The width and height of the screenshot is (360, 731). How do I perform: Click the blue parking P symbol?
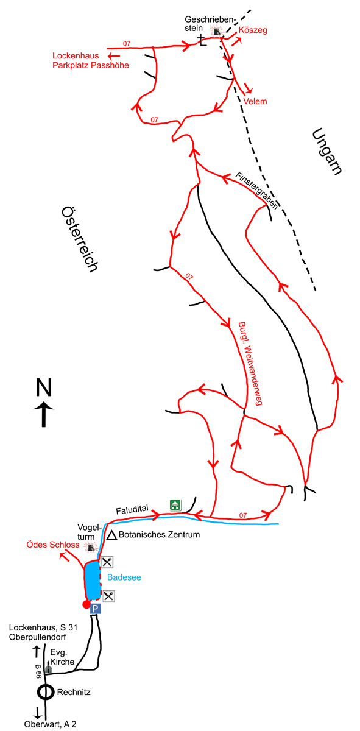point(95,609)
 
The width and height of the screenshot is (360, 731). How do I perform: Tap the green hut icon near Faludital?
point(175,505)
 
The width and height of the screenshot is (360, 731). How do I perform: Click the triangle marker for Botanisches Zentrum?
point(112,535)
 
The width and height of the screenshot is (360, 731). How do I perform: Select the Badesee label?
point(124,577)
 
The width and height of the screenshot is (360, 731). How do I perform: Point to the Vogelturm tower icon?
point(90,546)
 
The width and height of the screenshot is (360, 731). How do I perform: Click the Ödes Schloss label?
point(53,545)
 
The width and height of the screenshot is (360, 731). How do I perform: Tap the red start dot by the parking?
point(86,605)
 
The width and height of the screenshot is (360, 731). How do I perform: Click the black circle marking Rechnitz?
point(45,692)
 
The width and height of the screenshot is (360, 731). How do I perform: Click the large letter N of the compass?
point(44,387)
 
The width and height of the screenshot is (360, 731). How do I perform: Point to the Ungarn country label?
point(327,152)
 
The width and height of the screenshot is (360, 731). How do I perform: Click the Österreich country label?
point(79,239)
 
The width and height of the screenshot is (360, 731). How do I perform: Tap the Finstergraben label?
point(257,191)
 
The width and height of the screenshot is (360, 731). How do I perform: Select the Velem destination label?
point(255,102)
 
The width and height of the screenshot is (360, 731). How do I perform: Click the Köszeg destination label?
point(253,30)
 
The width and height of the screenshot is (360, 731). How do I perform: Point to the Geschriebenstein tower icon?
point(217,31)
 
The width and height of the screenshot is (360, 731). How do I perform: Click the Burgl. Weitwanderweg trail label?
point(251,364)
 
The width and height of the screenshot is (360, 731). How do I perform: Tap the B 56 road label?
point(38,671)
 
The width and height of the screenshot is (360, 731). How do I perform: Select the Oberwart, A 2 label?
point(51,724)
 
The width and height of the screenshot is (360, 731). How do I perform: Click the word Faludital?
point(132,509)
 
